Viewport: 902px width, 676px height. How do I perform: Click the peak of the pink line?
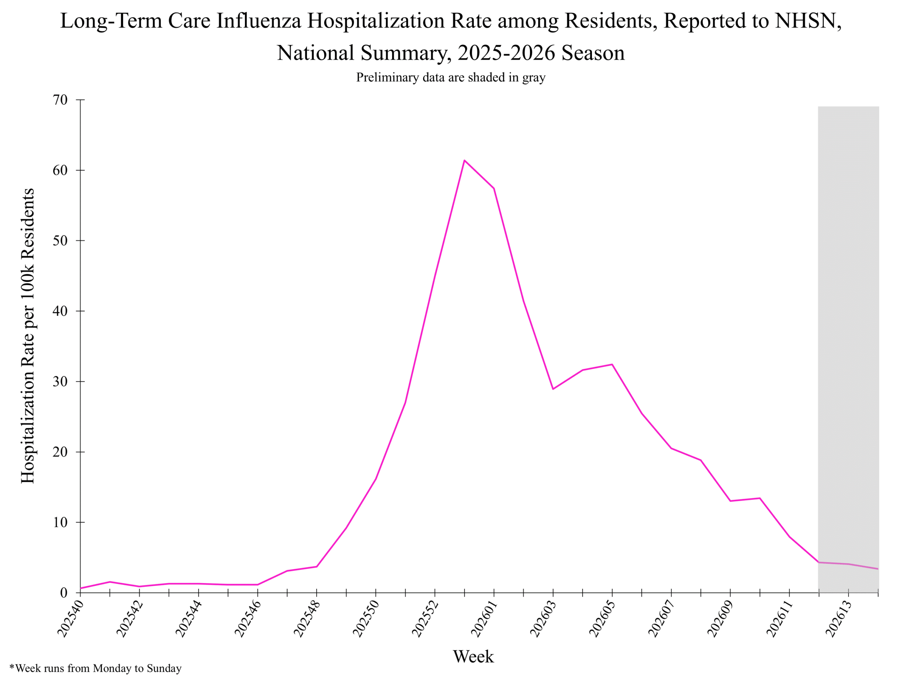click(464, 160)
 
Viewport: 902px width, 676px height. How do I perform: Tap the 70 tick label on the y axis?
click(60, 100)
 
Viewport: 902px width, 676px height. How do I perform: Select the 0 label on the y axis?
click(64, 593)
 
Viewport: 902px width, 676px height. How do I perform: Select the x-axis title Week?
click(473, 656)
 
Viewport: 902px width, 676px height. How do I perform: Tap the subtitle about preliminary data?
click(451, 77)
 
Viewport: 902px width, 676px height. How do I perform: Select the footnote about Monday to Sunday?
click(95, 668)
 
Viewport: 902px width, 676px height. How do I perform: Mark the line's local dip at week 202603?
click(553, 389)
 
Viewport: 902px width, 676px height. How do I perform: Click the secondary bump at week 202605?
click(612, 364)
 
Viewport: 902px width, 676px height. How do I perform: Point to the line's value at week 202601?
click(494, 188)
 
